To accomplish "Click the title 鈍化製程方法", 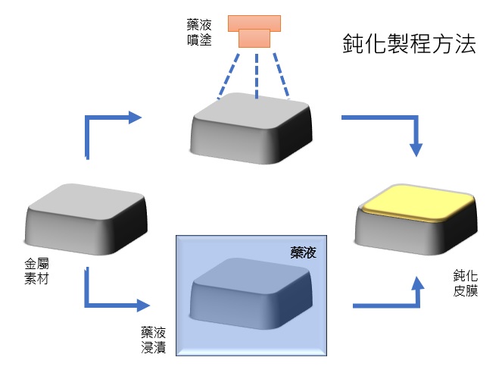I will point(408,45).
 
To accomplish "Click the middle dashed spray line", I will point(255,73).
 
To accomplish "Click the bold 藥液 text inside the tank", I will point(303,253).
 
